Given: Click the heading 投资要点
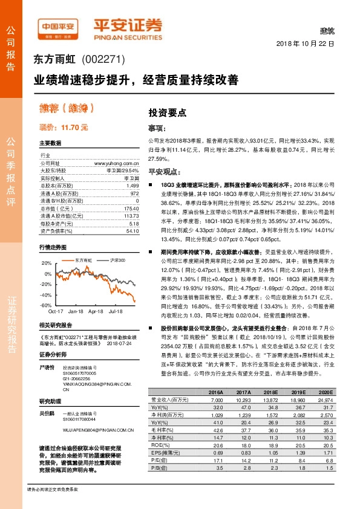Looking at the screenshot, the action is click(x=168, y=112).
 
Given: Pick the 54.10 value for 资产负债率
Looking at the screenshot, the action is click(x=132, y=230).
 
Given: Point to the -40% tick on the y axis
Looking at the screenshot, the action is click(x=46, y=295).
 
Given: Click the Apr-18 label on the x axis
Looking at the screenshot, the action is click(x=96, y=311).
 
